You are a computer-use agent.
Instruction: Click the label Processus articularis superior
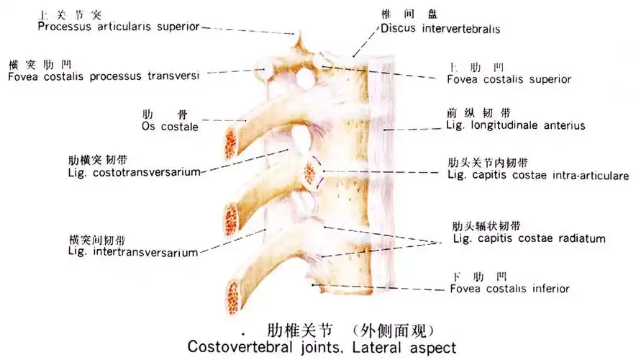click(119, 27)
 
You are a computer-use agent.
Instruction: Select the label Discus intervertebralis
click(440, 30)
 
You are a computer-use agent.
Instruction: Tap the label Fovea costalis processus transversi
click(104, 76)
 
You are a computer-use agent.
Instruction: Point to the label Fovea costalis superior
click(508, 80)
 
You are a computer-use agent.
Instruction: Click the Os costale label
click(170, 127)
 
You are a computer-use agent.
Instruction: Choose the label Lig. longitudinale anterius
click(516, 125)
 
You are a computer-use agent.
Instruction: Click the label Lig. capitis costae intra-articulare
click(537, 175)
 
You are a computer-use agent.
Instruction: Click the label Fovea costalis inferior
click(509, 289)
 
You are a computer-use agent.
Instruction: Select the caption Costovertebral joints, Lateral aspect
click(322, 347)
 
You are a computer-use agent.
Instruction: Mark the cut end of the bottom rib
click(234, 295)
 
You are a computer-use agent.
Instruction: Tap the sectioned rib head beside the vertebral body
click(312, 172)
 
